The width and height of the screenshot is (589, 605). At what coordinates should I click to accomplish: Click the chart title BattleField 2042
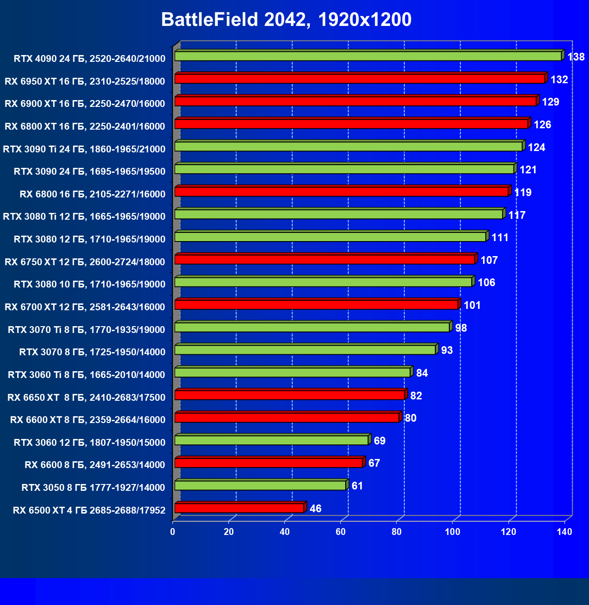point(286,20)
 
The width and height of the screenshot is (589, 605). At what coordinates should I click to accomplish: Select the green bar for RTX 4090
point(368,56)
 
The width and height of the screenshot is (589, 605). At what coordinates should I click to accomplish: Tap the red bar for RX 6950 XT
point(360,79)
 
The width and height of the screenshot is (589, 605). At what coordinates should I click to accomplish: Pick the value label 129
point(550,102)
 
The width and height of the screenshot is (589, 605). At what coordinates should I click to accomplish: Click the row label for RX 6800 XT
point(85,126)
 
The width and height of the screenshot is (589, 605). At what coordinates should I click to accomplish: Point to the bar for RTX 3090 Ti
point(348,146)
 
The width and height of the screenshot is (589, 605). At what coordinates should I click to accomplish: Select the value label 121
point(528,170)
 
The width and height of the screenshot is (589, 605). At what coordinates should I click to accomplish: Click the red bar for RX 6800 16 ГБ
point(341,192)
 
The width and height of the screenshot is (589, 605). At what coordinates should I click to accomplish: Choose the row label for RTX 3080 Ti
point(84,217)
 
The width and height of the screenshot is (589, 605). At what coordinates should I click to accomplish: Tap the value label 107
point(489,260)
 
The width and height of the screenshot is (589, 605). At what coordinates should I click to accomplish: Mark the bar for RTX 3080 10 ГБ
point(323,282)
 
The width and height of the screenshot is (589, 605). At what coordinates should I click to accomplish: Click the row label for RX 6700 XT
point(85,307)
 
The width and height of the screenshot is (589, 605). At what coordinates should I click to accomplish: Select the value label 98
point(461,328)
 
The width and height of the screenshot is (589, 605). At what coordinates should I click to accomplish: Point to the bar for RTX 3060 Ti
point(292,373)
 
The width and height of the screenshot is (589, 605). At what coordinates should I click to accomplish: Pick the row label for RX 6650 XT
point(86,398)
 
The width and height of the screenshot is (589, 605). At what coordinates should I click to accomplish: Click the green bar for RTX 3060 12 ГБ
point(272,440)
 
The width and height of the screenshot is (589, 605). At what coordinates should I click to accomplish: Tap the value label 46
point(315,509)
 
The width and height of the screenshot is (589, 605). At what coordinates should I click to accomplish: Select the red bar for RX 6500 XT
point(239,508)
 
